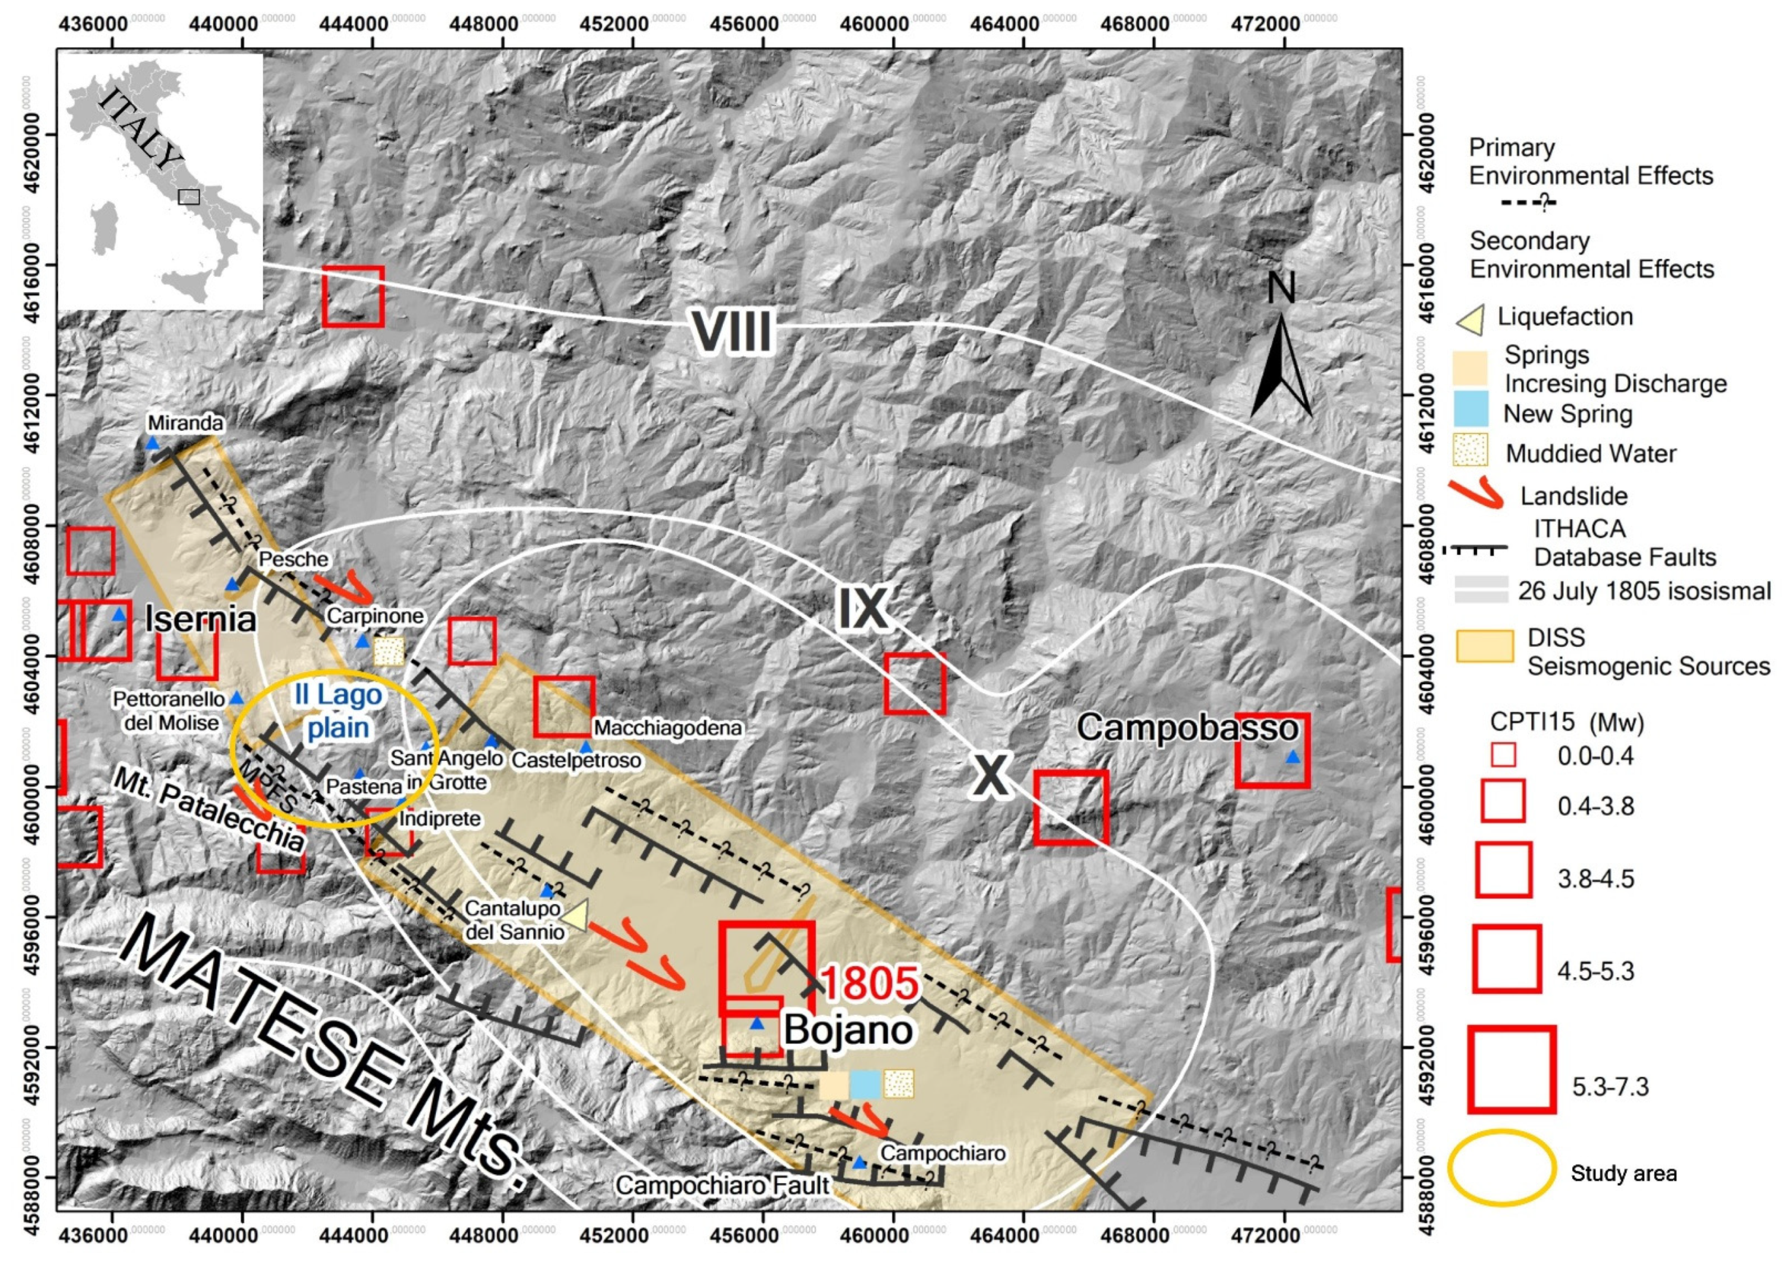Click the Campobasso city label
click(1186, 729)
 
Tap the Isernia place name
click(201, 619)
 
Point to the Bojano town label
click(848, 1030)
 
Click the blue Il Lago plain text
click(338, 711)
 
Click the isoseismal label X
click(990, 776)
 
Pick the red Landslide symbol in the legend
click(1475, 495)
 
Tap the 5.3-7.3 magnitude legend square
click(1511, 1069)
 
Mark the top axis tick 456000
click(744, 24)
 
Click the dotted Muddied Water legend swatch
click(1471, 451)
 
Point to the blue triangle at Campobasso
click(1293, 757)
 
